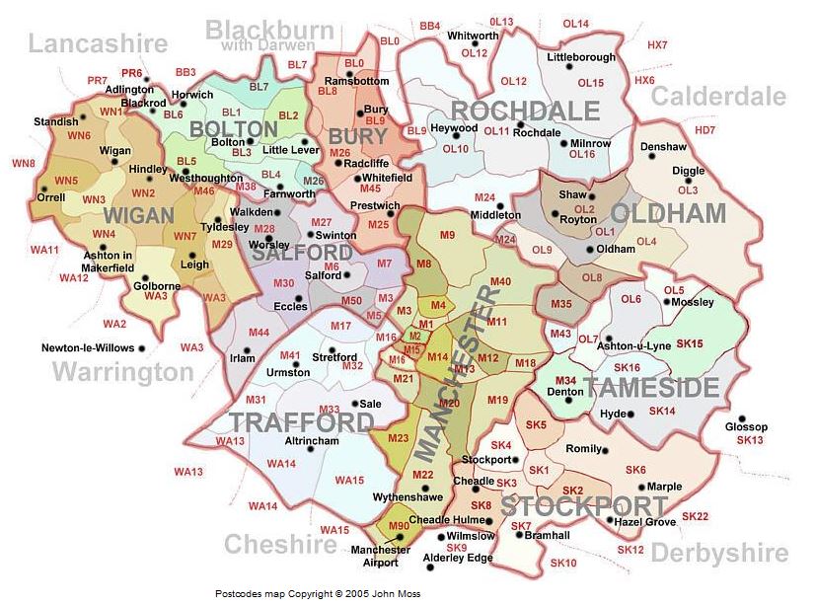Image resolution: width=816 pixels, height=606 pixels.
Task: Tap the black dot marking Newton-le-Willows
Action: click(x=142, y=348)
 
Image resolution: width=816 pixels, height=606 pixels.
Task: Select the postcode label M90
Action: click(x=399, y=527)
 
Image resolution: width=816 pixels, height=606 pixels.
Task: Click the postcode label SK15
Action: click(x=691, y=343)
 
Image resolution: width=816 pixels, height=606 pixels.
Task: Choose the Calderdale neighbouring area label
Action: click(x=718, y=97)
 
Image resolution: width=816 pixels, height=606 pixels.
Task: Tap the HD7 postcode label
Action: click(x=705, y=130)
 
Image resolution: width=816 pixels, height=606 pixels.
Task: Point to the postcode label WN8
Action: click(x=23, y=163)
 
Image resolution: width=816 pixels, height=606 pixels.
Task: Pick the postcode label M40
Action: click(x=500, y=282)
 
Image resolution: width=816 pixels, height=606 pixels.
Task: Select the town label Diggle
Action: click(x=688, y=171)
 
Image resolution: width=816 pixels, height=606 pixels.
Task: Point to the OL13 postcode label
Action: click(x=502, y=22)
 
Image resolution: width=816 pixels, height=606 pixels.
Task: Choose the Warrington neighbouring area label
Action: click(x=122, y=372)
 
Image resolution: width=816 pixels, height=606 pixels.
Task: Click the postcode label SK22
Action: click(x=695, y=516)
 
